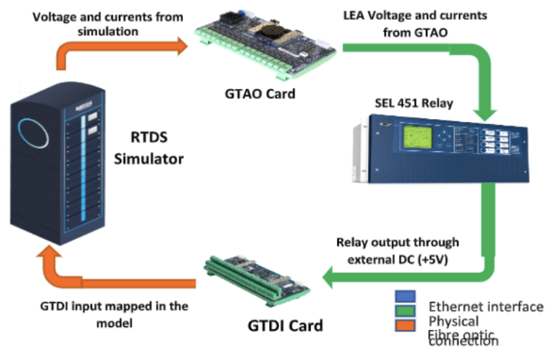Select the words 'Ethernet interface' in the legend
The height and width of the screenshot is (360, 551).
click(x=485, y=307)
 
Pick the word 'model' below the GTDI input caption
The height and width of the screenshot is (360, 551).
click(x=113, y=323)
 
